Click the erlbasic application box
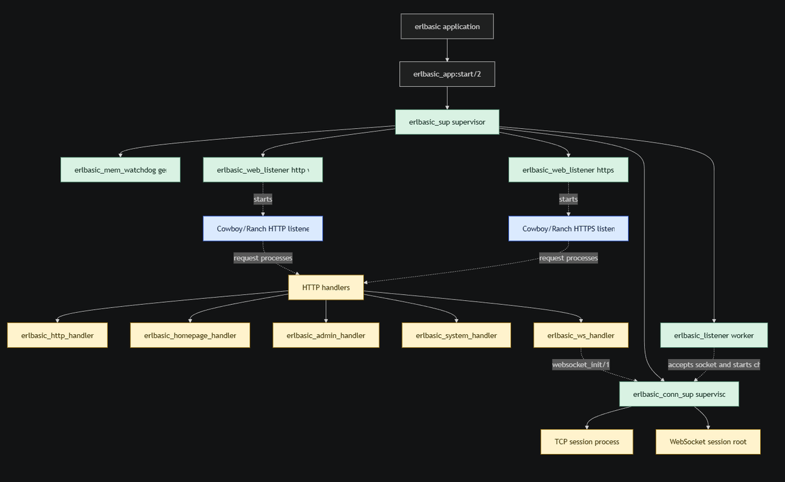click(x=447, y=27)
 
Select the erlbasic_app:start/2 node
click(x=447, y=74)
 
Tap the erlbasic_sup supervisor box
click(x=447, y=122)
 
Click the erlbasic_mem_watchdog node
click(x=120, y=169)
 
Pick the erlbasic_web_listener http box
click(x=262, y=169)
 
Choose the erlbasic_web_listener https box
click(x=568, y=169)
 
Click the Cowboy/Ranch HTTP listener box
click(x=262, y=229)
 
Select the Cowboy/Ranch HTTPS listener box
click(x=568, y=229)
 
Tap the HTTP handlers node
click(x=326, y=287)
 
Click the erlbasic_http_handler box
click(x=58, y=336)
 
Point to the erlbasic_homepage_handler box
click(x=190, y=336)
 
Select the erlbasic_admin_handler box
click(x=326, y=336)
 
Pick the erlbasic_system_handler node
click(x=456, y=336)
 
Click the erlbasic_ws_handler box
click(x=581, y=336)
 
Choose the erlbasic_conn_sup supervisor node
click(x=679, y=394)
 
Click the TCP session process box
click(x=587, y=441)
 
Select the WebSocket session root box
click(x=708, y=441)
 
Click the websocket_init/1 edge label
click(x=581, y=365)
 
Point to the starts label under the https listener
click(x=568, y=199)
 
